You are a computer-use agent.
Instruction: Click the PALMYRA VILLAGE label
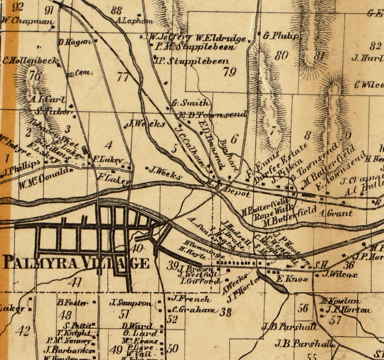tap(76, 263)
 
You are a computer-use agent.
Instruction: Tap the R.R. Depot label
tap(229, 188)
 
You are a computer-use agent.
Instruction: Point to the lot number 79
tap(230, 72)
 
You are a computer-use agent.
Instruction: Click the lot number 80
tap(281, 55)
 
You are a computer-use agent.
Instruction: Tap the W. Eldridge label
tap(221, 38)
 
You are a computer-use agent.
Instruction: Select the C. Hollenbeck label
tap(30, 61)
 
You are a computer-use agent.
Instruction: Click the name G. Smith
tap(191, 103)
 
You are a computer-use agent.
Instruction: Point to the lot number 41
tap(75, 283)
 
